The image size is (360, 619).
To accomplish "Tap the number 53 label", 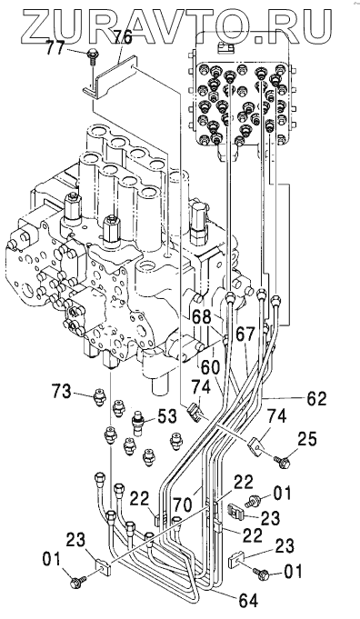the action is pyautogui.click(x=166, y=415).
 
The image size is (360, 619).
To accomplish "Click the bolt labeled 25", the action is pyautogui.click(x=283, y=461).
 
